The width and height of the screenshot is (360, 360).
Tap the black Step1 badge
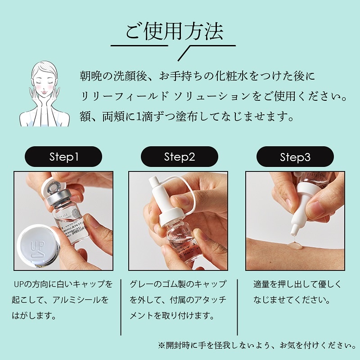[x=63, y=157]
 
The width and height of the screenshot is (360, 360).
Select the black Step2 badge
[x=179, y=157]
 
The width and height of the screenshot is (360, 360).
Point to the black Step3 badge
[x=295, y=157]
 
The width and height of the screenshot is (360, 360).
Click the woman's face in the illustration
[x=44, y=83]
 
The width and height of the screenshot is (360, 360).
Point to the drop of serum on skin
[x=295, y=246]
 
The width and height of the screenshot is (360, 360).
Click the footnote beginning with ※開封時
[x=257, y=345]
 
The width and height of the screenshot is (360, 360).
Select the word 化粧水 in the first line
[x=232, y=76]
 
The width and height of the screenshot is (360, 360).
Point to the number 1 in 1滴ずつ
[x=138, y=117]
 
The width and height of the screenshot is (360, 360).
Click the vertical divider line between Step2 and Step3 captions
[x=237, y=307]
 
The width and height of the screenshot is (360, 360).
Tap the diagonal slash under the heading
[x=184, y=53]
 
